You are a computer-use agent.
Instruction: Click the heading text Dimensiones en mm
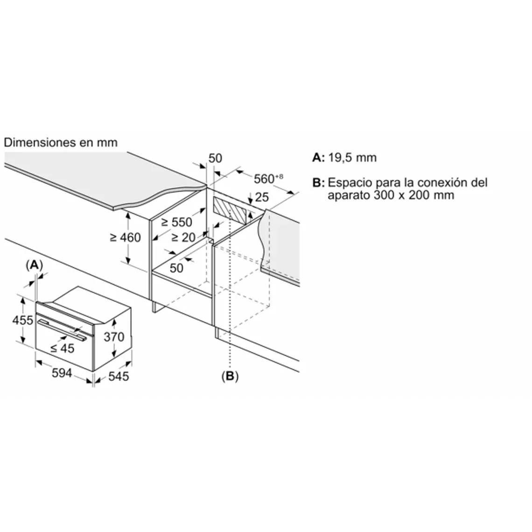point(61,142)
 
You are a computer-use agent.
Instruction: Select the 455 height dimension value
point(23,320)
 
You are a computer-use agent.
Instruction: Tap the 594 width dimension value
point(62,373)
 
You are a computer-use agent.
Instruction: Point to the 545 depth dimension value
point(118,376)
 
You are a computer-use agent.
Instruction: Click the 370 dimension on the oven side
point(114,336)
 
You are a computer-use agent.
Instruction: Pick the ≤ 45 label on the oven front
point(62,348)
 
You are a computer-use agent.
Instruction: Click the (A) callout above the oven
point(34,265)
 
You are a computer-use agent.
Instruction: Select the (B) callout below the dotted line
point(230,376)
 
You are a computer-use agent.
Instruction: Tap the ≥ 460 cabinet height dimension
point(125,238)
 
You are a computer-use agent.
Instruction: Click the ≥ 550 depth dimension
point(177,223)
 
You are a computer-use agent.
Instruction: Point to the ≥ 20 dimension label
point(183,238)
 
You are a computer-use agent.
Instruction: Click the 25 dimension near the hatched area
point(262,197)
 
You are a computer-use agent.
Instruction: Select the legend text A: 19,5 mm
point(344,157)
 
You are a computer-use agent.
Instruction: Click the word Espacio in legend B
point(349,182)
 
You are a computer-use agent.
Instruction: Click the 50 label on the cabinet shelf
point(176,268)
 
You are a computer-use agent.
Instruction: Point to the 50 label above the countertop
point(215,158)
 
